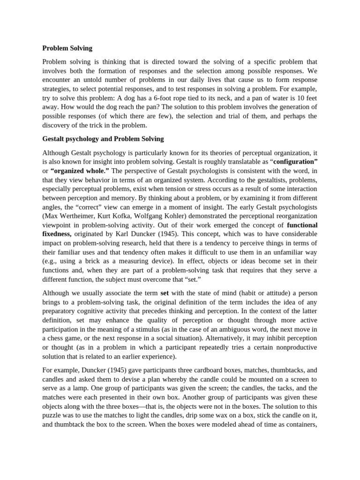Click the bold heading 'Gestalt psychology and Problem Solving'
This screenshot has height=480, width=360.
click(x=103, y=139)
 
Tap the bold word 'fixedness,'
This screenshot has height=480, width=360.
click(x=57, y=233)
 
